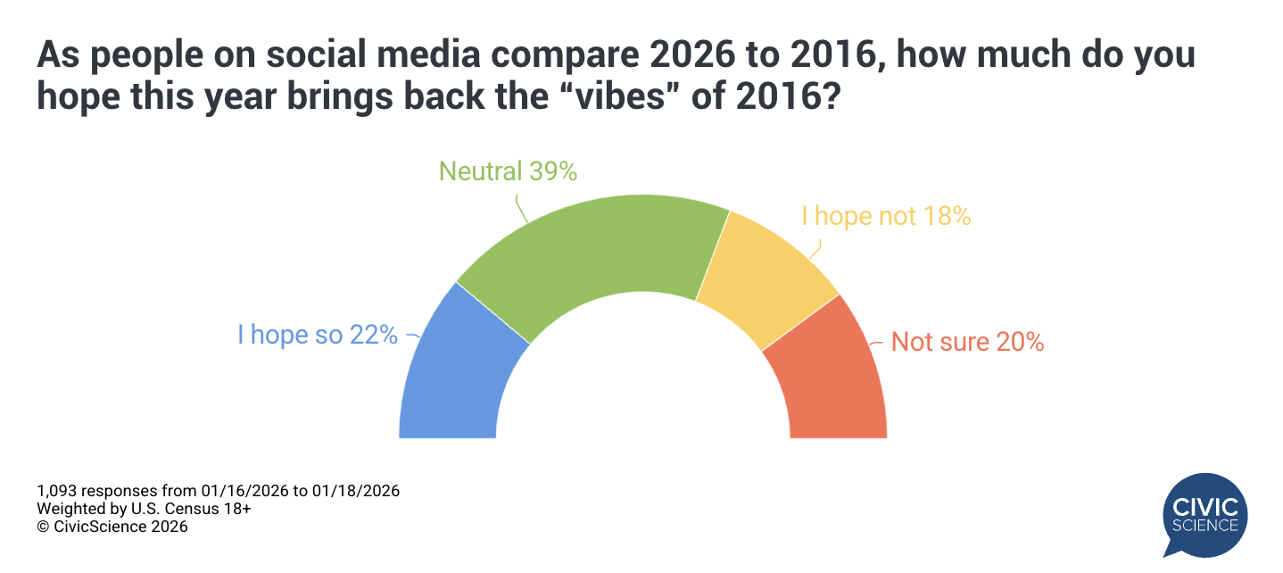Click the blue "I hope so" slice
pos(455,375)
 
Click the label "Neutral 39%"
pos(508,171)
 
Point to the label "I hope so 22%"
pos(317,336)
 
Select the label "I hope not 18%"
pos(885,216)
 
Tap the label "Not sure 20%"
pos(967,342)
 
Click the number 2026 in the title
pos(696,56)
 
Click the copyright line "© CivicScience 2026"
pos(112,527)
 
